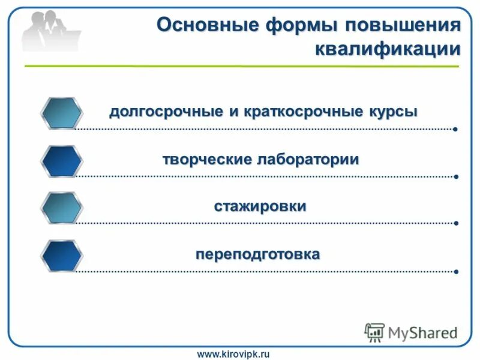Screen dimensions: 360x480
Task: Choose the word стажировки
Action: (x=260, y=206)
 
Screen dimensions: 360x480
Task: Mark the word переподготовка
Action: (x=257, y=254)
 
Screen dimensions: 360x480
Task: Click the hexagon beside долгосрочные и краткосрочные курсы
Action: (x=61, y=113)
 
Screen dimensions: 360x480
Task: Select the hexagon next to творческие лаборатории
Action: (x=61, y=161)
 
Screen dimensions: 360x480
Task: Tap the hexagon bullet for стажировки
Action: (x=61, y=208)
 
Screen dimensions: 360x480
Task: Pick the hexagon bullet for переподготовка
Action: (x=61, y=256)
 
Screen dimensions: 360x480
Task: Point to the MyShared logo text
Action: (x=422, y=332)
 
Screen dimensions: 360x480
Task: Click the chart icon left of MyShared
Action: (x=374, y=332)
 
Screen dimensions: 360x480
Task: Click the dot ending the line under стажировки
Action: (x=456, y=224)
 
